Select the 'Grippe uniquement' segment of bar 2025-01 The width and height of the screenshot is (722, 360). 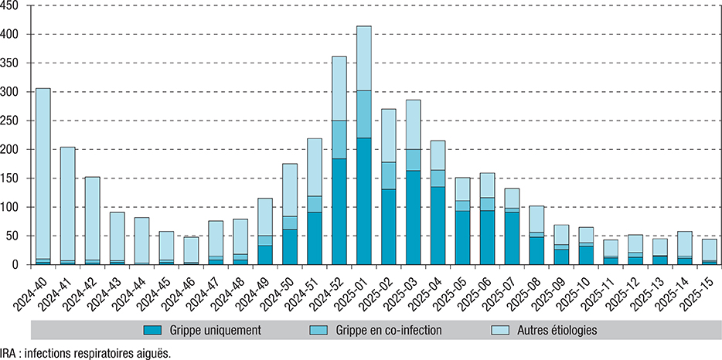pos(364,202)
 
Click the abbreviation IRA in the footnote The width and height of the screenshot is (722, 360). pos(10,352)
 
